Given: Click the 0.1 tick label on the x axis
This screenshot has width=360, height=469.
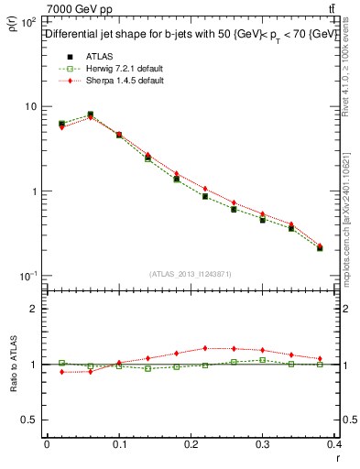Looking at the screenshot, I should tap(119, 446).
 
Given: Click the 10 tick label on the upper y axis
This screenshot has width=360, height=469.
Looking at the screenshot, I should tap(28, 106).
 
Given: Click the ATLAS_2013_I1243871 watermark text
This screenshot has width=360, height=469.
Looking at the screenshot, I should tap(191, 274).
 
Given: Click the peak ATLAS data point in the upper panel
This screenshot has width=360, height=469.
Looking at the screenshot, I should tap(90, 115).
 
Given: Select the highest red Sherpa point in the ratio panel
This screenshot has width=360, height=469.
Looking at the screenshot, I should tap(205, 348).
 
